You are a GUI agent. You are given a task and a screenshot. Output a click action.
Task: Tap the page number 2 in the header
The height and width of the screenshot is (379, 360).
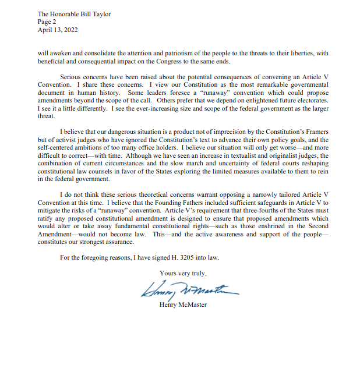pos(54,22)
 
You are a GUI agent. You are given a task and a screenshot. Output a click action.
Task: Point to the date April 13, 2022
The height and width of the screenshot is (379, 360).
pos(57,30)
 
